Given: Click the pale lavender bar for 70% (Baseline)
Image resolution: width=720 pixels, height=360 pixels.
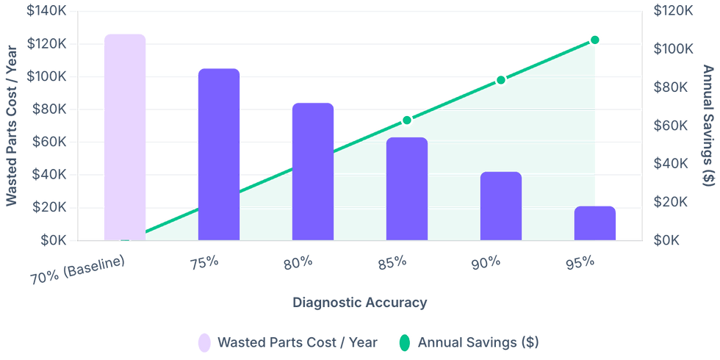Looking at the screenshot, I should tap(124, 137).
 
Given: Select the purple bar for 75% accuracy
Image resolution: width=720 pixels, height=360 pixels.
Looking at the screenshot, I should tap(219, 154).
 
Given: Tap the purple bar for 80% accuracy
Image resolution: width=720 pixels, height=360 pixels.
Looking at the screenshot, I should tap(313, 170).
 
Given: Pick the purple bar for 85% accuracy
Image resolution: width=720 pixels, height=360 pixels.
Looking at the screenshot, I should tap(407, 188).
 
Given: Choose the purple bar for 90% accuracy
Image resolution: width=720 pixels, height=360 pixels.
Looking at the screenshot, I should tap(501, 205).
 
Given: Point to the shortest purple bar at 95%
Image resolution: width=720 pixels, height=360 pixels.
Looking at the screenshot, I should tap(595, 222).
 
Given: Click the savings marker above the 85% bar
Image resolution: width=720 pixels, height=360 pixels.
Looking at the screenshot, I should tap(406, 119).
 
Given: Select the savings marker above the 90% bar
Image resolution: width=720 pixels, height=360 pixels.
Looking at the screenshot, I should tap(500, 79).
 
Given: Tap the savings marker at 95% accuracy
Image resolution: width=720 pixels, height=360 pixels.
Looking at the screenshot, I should tap(595, 39).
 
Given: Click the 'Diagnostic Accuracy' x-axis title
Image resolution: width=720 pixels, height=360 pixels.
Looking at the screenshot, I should tap(359, 301).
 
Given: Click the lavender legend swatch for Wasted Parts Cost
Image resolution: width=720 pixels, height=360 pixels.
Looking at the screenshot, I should tap(204, 343).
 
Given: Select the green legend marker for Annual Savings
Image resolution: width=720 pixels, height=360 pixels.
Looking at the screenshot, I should tap(404, 343).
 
